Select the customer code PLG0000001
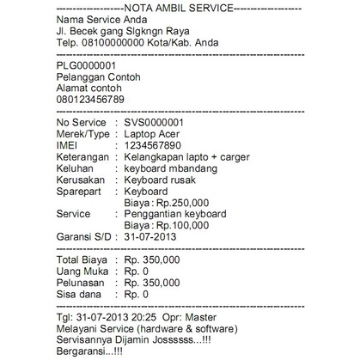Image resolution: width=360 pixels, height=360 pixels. coord(86,65)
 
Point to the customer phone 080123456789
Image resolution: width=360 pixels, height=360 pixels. coord(91,100)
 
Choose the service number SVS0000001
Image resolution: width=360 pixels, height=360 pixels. coord(161,123)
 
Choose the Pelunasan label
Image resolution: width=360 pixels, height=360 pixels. coord(80,282)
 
